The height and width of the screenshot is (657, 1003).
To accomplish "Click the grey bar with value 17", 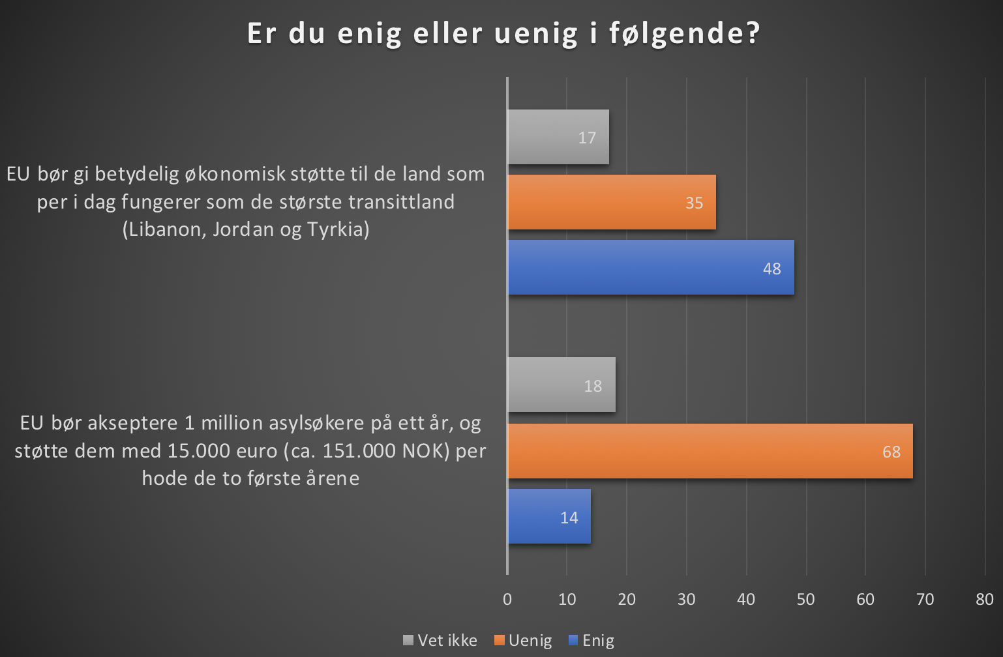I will click(558, 137).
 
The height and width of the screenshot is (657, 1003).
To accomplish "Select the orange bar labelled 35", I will click(611, 202).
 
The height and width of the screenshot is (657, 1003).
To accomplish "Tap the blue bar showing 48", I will click(650, 267).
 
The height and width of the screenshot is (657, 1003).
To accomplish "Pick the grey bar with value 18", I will click(561, 385).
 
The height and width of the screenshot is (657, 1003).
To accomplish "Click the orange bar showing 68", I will click(710, 451).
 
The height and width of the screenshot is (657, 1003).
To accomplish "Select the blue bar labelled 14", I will click(548, 516).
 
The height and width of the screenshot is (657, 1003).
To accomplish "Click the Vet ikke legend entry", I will click(441, 640).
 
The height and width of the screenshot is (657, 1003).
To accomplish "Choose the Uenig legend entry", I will click(524, 640).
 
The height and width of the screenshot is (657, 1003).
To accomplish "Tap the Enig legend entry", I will click(592, 640).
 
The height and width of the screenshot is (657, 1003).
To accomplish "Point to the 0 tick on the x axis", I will click(507, 599).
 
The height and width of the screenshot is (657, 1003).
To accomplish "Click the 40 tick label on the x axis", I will click(746, 599).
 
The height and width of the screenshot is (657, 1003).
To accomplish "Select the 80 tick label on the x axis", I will click(985, 599).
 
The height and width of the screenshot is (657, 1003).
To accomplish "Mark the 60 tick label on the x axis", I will click(865, 599).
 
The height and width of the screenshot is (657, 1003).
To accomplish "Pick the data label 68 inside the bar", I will click(891, 452).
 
